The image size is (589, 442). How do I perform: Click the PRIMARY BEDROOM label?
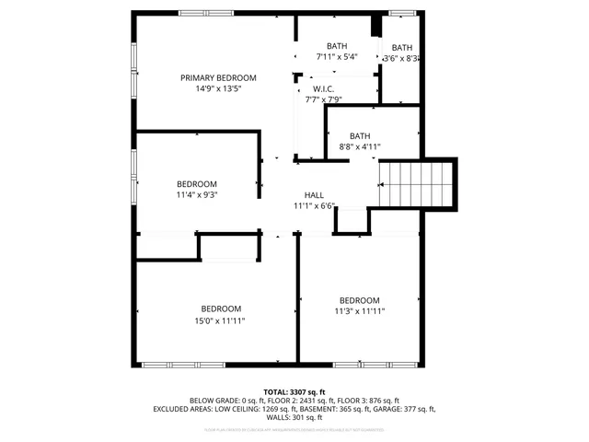pyautogui.click(x=218, y=77)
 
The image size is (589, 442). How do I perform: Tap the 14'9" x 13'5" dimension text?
pyautogui.click(x=218, y=89)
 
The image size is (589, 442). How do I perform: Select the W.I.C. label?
pyautogui.click(x=322, y=89)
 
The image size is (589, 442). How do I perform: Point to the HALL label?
pyautogui.click(x=315, y=195)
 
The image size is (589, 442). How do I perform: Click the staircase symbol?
pyautogui.click(x=418, y=184)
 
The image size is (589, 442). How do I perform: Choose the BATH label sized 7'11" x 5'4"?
pyautogui.click(x=337, y=46)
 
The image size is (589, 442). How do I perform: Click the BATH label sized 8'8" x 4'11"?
pyautogui.click(x=359, y=134)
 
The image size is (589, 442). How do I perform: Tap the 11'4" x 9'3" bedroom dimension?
pyautogui.click(x=197, y=194)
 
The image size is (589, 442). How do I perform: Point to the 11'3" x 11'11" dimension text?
pyautogui.click(x=359, y=312)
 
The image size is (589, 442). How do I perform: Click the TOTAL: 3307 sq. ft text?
pyautogui.click(x=294, y=391)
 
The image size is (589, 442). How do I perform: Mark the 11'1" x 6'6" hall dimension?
pyautogui.click(x=315, y=206)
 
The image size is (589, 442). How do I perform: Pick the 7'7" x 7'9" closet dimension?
pyautogui.click(x=323, y=100)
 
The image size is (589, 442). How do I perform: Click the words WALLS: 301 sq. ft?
pyautogui.click(x=294, y=416)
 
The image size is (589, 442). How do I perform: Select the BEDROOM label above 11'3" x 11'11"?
pyautogui.click(x=359, y=300)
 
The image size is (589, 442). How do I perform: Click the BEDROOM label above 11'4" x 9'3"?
pyautogui.click(x=197, y=183)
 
